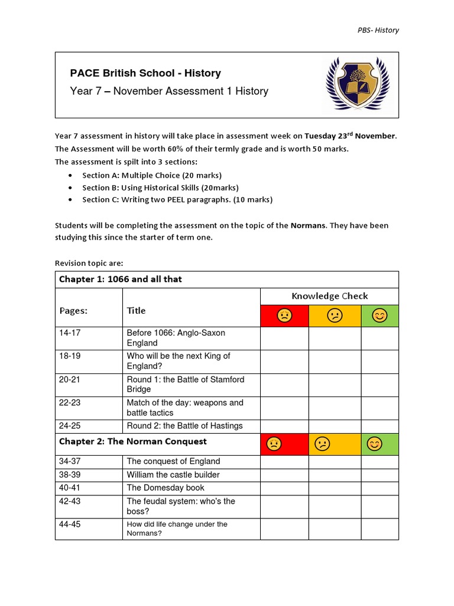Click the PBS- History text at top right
pyautogui.click(x=378, y=30)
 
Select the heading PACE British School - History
pyautogui.click(x=145, y=73)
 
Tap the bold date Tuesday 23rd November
pyautogui.click(x=350, y=136)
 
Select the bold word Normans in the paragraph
pyautogui.click(x=307, y=225)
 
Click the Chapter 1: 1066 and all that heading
pyautogui.click(x=120, y=279)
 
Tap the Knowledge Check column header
pyautogui.click(x=329, y=296)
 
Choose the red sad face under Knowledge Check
pyautogui.click(x=284, y=316)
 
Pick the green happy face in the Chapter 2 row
pyautogui.click(x=374, y=444)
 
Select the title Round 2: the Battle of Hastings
pyautogui.click(x=184, y=426)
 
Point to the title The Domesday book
pyautogui.click(x=166, y=488)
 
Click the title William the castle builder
pyautogui.click(x=173, y=475)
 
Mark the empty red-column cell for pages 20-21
pyautogui.click(x=284, y=384)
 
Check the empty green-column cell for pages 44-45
pyautogui.click(x=380, y=528)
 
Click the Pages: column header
pyautogui.click(x=73, y=311)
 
